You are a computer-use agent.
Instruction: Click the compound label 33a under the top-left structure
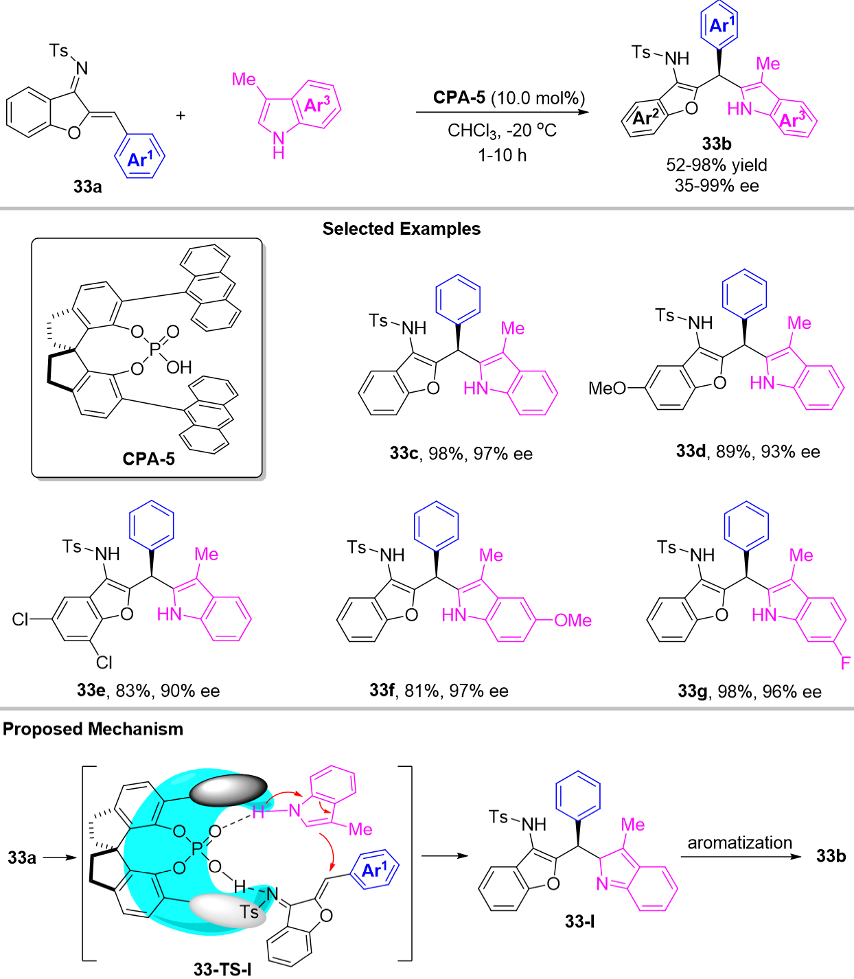point(88,186)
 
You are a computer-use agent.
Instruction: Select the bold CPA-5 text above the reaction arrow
point(459,97)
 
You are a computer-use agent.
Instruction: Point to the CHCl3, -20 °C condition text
point(502,130)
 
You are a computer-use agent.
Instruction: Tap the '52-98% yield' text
point(717,165)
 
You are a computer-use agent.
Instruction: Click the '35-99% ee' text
point(717,185)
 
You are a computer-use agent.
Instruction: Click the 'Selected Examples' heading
point(402,229)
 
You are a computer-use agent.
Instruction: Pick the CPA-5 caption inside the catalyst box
point(148,459)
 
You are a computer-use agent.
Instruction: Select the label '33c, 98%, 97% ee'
point(461,454)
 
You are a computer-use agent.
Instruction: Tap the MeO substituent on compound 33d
point(607,389)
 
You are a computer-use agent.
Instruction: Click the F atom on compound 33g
point(845,663)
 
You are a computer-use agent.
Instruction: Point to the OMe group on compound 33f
point(573,621)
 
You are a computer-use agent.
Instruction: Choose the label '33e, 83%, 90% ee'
point(148,691)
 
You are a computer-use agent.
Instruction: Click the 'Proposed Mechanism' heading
point(93,729)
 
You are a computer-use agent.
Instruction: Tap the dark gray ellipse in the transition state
point(228,790)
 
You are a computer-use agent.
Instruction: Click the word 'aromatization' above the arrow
point(740,842)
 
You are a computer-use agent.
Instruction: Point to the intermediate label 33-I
point(579,921)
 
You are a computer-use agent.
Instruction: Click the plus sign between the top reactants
point(181,115)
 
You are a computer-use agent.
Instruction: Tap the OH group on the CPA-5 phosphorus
point(178,367)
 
